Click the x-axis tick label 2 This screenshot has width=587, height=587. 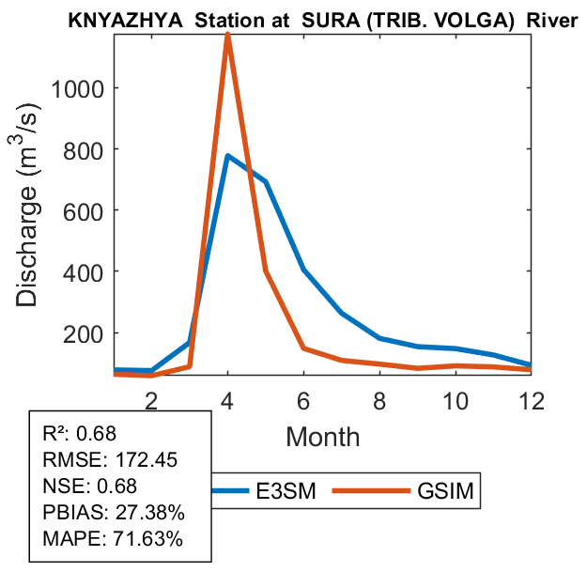150,400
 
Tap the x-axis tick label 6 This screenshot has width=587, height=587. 304,400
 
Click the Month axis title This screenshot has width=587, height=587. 323,437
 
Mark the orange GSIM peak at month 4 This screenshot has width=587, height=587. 227,35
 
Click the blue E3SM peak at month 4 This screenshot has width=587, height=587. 227,156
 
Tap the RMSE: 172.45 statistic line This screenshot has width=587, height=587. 110,460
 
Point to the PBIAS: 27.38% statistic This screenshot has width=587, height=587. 114,513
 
